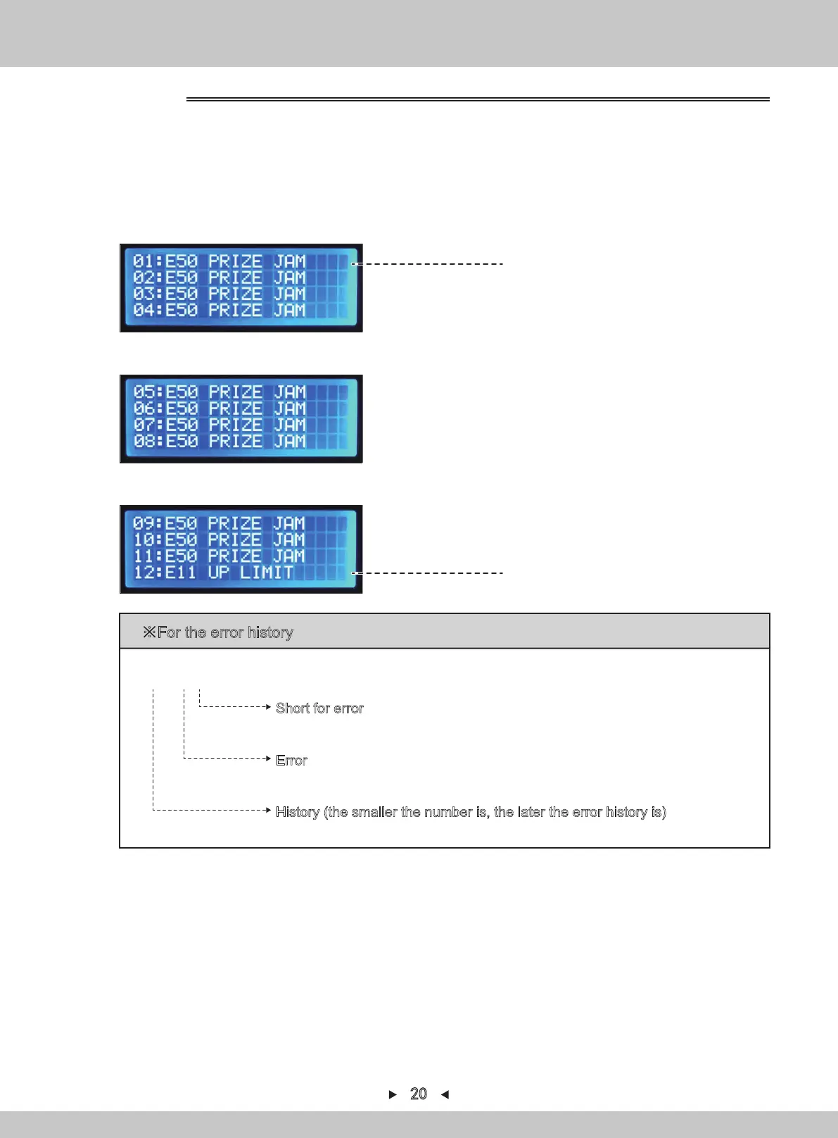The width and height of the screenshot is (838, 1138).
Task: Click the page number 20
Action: (419, 1094)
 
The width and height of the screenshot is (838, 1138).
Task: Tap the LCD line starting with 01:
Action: (220, 261)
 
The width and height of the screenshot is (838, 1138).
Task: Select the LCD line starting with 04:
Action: (220, 310)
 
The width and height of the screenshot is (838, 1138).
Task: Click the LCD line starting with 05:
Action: (220, 392)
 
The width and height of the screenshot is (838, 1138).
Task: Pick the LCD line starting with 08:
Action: (220, 441)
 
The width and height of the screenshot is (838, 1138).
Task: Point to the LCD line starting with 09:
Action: (220, 523)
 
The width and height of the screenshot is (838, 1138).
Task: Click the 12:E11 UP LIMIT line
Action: (213, 572)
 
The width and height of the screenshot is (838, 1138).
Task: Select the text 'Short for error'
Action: (319, 708)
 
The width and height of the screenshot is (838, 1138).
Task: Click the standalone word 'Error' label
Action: (291, 761)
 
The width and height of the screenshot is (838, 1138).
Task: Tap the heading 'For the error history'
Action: (225, 632)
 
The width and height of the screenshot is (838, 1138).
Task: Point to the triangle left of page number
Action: (393, 1094)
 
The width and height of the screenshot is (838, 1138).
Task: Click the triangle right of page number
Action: (445, 1094)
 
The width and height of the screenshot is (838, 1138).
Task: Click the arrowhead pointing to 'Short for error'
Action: (268, 706)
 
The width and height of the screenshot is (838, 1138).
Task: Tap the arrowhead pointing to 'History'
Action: (268, 811)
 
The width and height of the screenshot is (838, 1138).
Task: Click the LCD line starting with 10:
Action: (220, 539)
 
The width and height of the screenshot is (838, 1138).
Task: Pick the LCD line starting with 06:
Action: (220, 408)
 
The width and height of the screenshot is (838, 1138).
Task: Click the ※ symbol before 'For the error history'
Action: (149, 632)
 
